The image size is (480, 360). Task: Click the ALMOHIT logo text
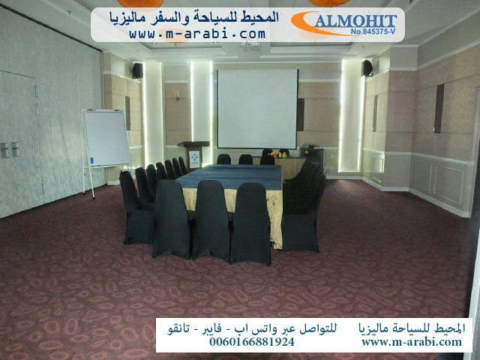355,21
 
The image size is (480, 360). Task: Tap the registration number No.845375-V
373,31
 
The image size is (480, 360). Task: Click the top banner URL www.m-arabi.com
197,33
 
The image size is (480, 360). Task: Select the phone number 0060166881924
252,341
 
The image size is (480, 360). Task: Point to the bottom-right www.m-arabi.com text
412,341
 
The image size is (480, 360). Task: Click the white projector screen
257,109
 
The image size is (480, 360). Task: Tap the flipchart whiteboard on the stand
106,138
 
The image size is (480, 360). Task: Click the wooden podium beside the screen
194,155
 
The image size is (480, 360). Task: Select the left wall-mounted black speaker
137,70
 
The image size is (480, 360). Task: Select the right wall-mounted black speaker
367,68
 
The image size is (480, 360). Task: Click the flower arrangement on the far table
278,154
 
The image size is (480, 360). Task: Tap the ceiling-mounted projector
250,45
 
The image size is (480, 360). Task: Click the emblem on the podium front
194,159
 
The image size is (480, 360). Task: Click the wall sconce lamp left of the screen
178,95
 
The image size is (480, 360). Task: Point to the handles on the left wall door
10,150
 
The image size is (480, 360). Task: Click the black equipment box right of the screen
312,157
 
